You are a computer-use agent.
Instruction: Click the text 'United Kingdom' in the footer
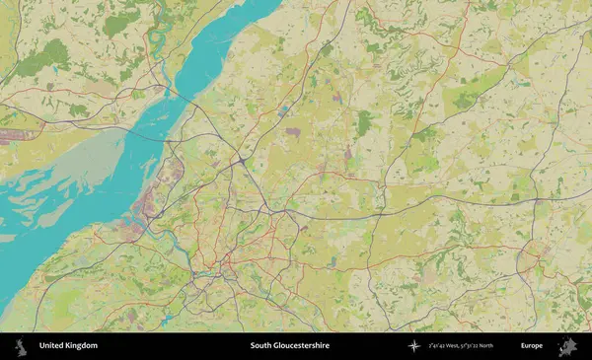point(68,346)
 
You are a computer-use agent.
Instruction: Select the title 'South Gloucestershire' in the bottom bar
point(289,346)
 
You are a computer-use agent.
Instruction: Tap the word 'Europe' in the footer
point(531,346)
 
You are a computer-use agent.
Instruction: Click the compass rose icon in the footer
point(413,346)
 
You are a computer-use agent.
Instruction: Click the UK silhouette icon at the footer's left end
point(21,346)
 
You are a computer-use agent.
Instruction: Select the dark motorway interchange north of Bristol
point(242,159)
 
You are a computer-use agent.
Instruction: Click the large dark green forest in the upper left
point(43,59)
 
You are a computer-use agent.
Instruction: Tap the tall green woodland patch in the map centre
point(364,123)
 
